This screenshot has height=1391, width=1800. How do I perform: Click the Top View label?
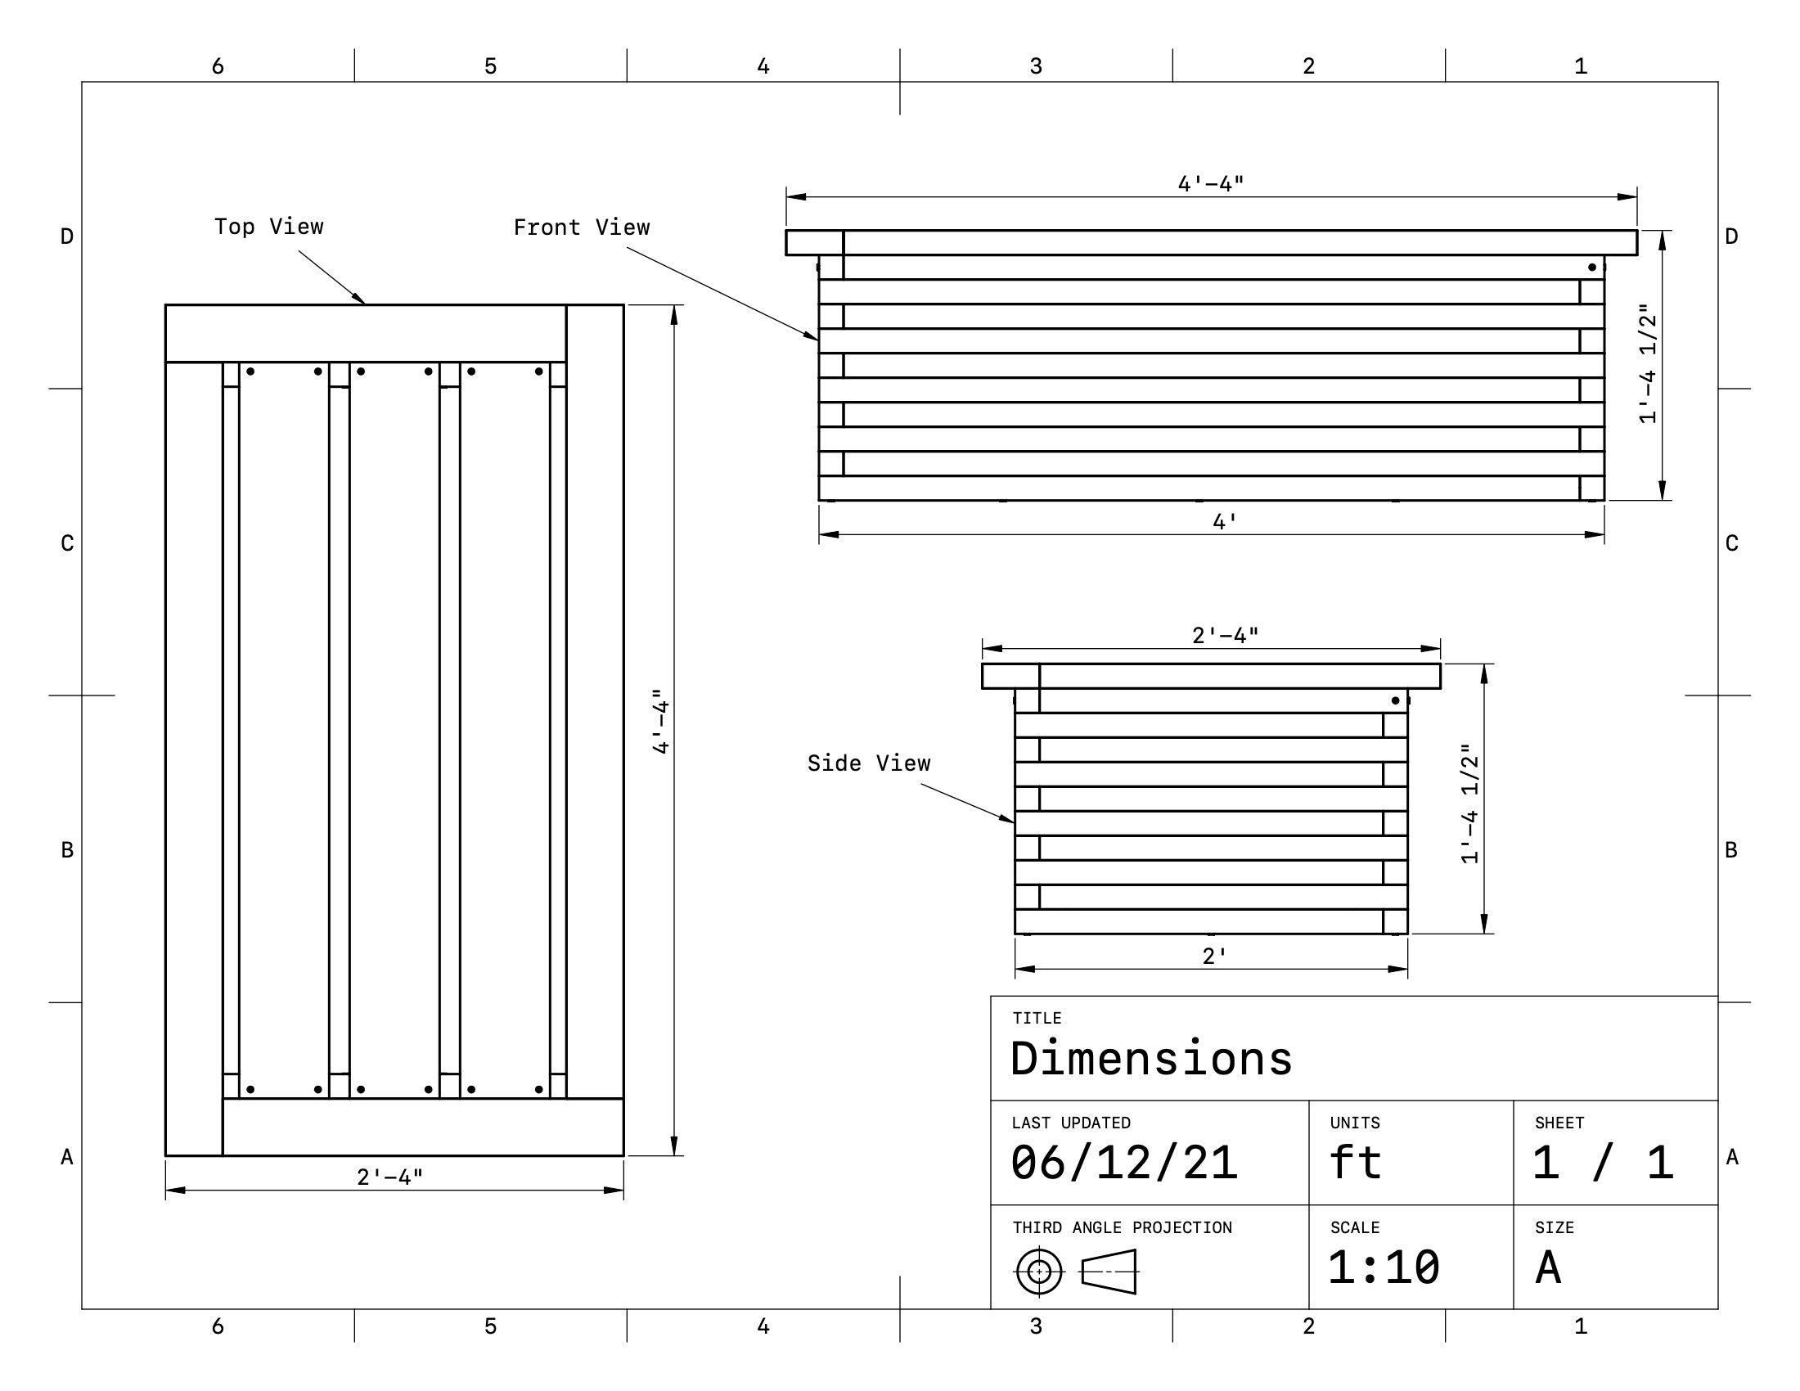click(268, 227)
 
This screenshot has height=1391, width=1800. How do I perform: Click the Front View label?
click(581, 227)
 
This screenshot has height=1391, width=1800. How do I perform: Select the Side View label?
click(869, 763)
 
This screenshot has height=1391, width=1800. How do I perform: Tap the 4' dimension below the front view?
click(1225, 522)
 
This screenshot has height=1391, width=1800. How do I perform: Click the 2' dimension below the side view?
click(1214, 956)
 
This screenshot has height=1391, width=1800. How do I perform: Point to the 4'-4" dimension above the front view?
click(1210, 183)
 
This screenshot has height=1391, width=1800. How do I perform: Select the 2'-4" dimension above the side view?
click(1225, 635)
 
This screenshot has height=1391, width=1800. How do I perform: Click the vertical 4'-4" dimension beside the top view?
click(661, 722)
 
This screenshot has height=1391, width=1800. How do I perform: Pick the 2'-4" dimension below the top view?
click(389, 1177)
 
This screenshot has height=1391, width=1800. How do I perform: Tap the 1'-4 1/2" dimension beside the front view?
click(1647, 364)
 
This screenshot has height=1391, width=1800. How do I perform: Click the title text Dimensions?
click(1150, 1059)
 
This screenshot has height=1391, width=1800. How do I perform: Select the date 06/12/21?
click(1124, 1163)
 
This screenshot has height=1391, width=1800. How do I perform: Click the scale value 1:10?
click(1384, 1267)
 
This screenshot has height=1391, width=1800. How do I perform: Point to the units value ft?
click(1355, 1163)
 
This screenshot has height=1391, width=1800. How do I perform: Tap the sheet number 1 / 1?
click(1602, 1163)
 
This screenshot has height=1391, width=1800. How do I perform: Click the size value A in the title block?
click(1548, 1267)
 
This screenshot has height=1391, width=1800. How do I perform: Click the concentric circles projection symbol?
click(1039, 1272)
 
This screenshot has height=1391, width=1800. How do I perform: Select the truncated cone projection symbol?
click(1109, 1272)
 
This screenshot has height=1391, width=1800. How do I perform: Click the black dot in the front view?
click(1591, 267)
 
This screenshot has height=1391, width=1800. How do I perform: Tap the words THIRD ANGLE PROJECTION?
click(1122, 1228)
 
